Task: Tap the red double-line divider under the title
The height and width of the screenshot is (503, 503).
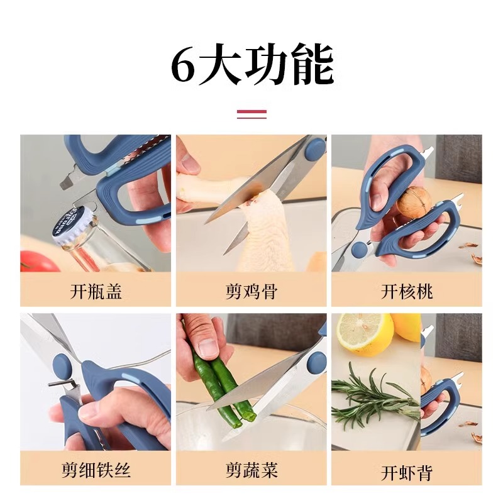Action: click(251, 114)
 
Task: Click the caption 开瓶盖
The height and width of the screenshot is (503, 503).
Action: click(96, 291)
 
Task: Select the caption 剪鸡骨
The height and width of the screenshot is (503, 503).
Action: click(251, 291)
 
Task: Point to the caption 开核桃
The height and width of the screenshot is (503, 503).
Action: click(407, 291)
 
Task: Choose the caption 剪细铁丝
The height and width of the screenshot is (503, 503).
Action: click(96, 470)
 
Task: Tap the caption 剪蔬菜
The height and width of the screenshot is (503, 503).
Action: click(251, 470)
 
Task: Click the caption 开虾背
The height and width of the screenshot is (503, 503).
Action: click(407, 472)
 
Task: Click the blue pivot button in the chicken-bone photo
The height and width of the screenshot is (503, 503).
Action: click(316, 148)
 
